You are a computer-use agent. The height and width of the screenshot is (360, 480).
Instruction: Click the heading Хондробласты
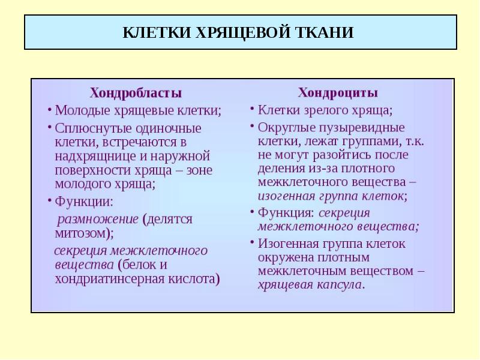pos(136,93)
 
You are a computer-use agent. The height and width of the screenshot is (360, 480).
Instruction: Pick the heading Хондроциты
pos(338,92)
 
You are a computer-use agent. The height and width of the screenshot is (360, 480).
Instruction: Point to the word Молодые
pos(82,110)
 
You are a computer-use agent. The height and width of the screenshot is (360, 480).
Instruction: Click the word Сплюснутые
pos(94,128)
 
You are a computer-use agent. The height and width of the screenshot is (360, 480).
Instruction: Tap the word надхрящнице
pos(96,156)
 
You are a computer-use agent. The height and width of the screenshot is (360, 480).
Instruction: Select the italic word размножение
pos(98,219)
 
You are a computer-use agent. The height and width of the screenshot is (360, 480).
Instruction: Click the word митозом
pos(80,233)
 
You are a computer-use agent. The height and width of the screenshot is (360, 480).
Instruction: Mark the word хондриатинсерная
pos(110,279)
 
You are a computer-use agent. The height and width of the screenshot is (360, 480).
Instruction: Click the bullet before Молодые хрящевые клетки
pos(49,110)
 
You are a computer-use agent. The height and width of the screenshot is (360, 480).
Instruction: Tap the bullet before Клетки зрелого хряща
pos(252,109)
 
